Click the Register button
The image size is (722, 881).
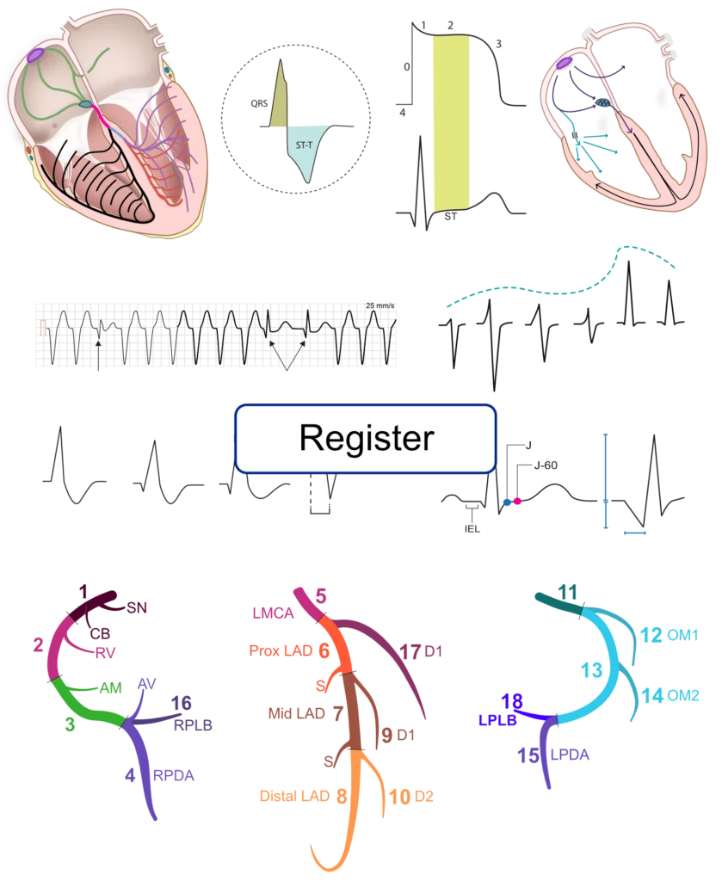[366, 439]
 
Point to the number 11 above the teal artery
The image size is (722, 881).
[567, 592]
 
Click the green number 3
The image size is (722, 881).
[69, 724]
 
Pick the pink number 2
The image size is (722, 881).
[39, 644]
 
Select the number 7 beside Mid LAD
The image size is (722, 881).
[338, 712]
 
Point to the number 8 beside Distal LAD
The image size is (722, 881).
[342, 796]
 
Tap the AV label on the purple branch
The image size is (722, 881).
[147, 685]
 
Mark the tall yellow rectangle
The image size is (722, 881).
[453, 120]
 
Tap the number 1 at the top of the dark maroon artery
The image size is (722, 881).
[83, 590]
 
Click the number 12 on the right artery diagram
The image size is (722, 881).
[651, 635]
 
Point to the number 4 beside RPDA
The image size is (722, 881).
[130, 775]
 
